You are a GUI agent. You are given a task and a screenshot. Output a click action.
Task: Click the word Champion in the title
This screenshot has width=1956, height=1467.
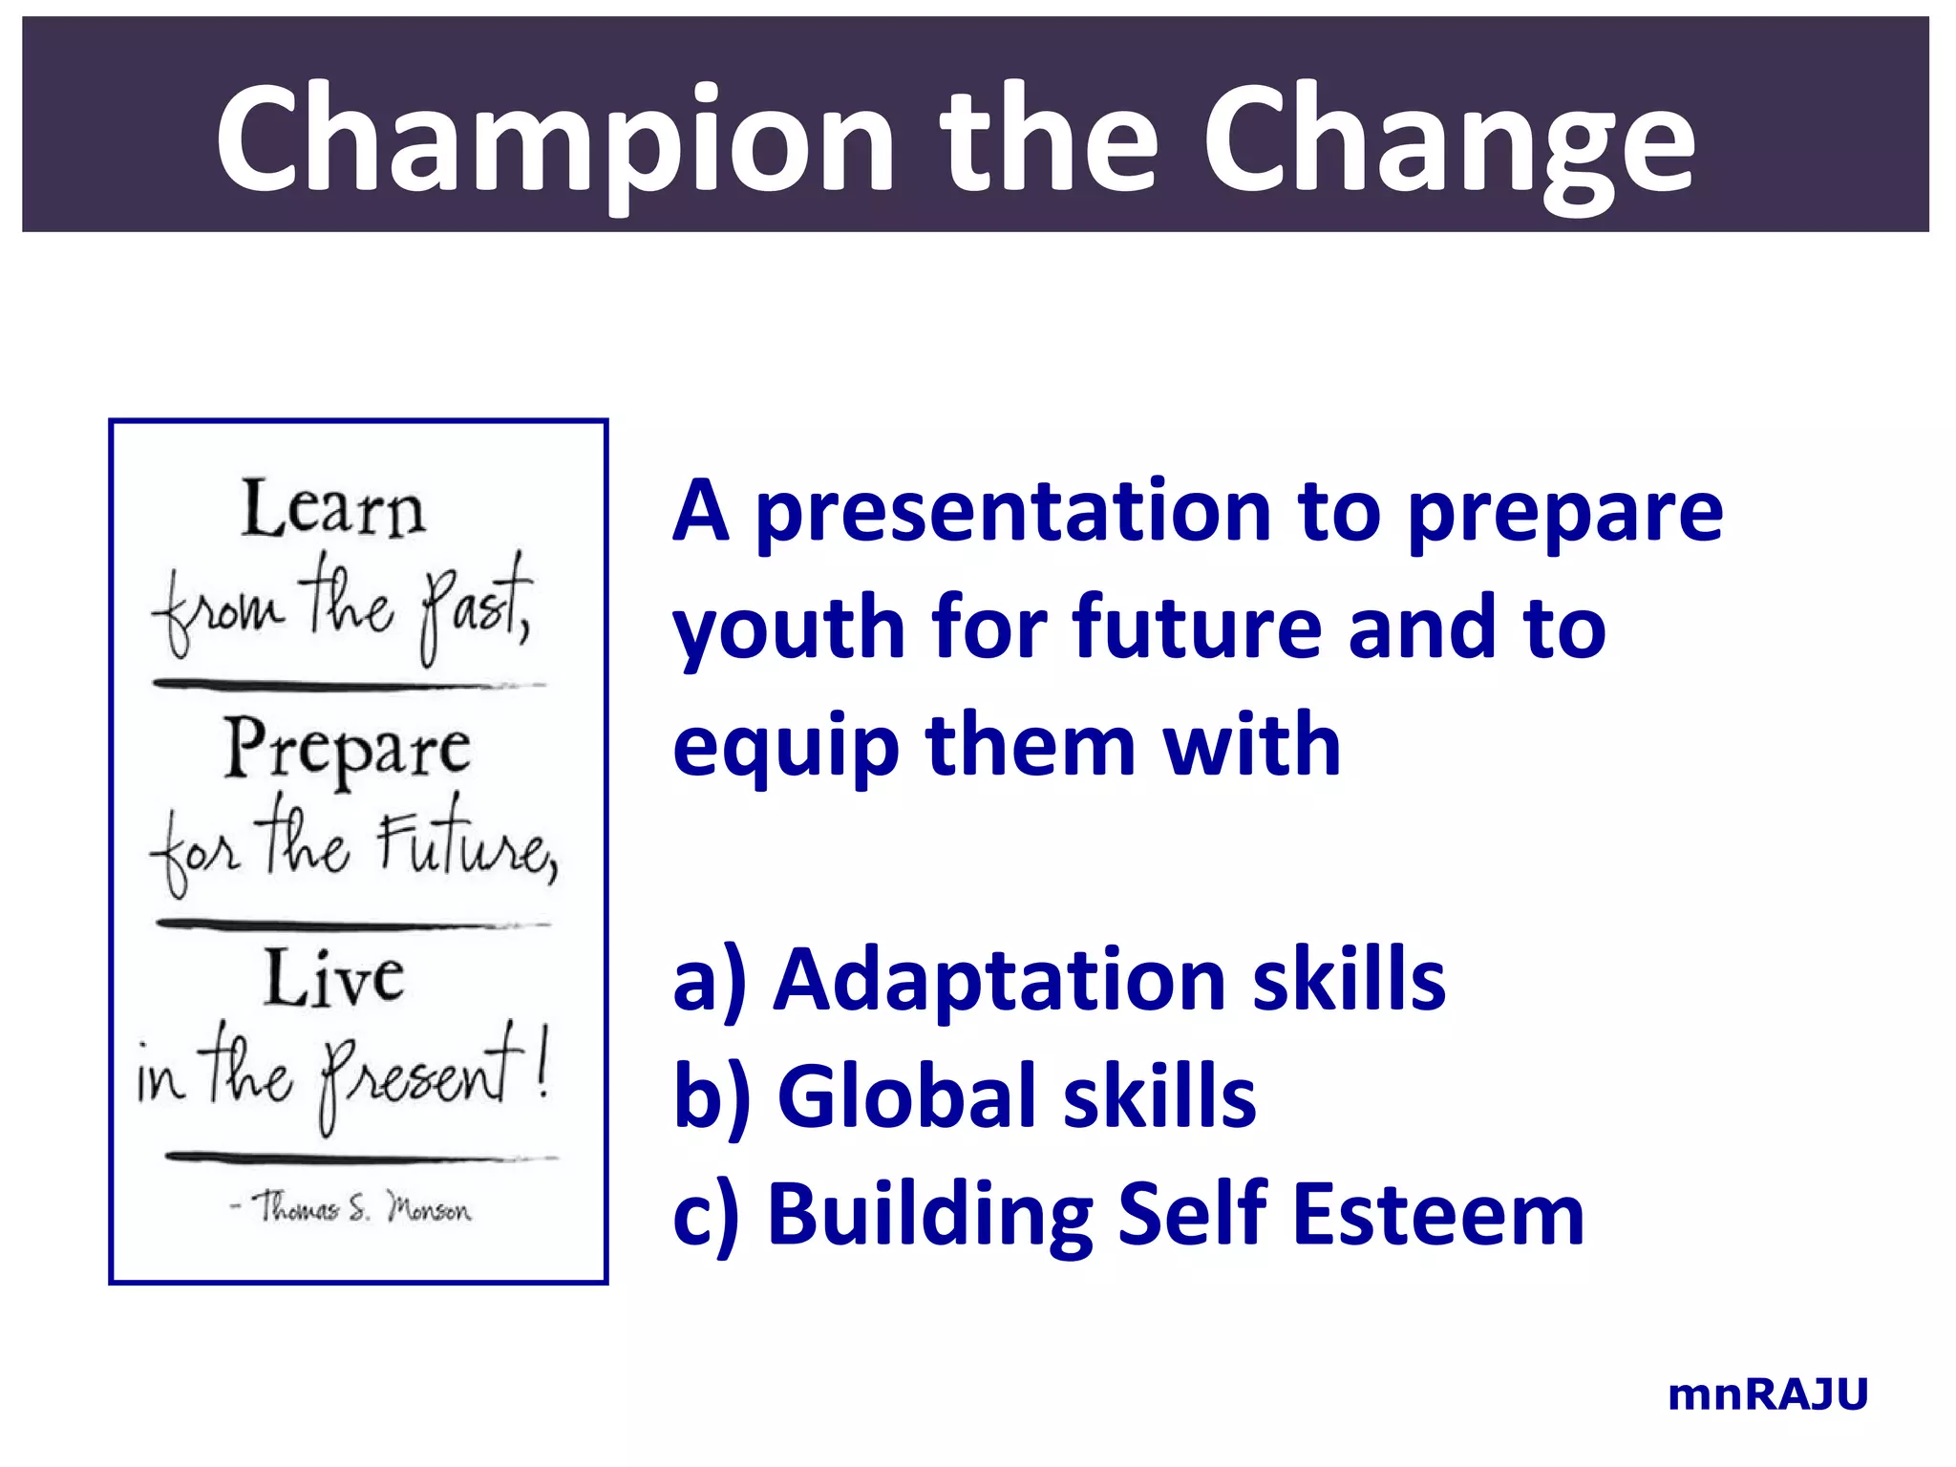click(x=555, y=138)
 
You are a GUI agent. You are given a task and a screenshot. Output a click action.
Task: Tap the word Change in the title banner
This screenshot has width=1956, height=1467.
click(x=1448, y=138)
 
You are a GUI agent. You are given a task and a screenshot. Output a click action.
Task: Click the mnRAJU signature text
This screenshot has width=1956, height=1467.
click(x=1767, y=1395)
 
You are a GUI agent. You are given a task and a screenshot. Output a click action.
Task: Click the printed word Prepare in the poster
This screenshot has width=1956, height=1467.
click(x=348, y=750)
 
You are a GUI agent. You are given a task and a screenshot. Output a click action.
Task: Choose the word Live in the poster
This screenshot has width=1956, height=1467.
click(x=334, y=978)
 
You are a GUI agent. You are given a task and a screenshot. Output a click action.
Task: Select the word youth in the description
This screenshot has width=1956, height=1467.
click(x=789, y=628)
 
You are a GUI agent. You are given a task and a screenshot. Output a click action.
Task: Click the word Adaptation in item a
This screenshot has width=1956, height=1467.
click(x=999, y=981)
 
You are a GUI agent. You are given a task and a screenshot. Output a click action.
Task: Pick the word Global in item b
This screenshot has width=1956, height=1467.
click(x=907, y=1097)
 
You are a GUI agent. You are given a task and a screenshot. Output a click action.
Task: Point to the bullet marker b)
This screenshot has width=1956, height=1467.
click(x=712, y=1097)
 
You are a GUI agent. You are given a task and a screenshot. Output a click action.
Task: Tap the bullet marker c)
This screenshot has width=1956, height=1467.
click(x=706, y=1217)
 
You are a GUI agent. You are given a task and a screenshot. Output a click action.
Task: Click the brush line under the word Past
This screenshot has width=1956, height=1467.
click(x=349, y=685)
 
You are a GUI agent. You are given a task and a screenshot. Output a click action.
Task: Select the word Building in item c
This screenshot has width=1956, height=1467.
click(x=930, y=1215)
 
